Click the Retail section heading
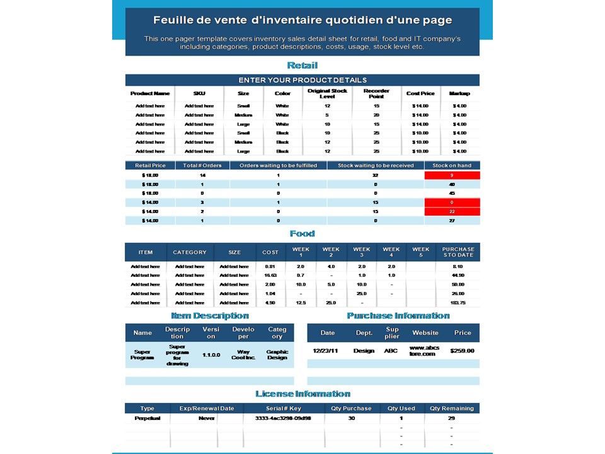pyautogui.click(x=302, y=66)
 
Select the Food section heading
pyautogui.click(x=302, y=234)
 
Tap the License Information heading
pyautogui.click(x=302, y=394)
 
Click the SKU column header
pyautogui.click(x=199, y=93)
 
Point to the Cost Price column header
pyautogui.click(x=420, y=93)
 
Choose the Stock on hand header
pyautogui.click(x=452, y=165)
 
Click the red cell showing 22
pyautogui.click(x=452, y=211)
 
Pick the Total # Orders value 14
pyautogui.click(x=202, y=175)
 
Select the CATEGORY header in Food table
pyautogui.click(x=190, y=252)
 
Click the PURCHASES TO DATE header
pyautogui.click(x=458, y=252)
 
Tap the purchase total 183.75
pyautogui.click(x=458, y=303)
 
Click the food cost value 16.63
pyautogui.click(x=270, y=276)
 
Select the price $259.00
pyautogui.click(x=463, y=351)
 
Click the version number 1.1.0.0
pyautogui.click(x=211, y=355)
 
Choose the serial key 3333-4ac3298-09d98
pyautogui.click(x=283, y=418)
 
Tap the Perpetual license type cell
pyautogui.click(x=147, y=418)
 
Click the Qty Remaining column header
pyautogui.click(x=452, y=409)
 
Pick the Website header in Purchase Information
pyautogui.click(x=425, y=333)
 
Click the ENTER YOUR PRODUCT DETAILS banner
pyautogui.click(x=302, y=80)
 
